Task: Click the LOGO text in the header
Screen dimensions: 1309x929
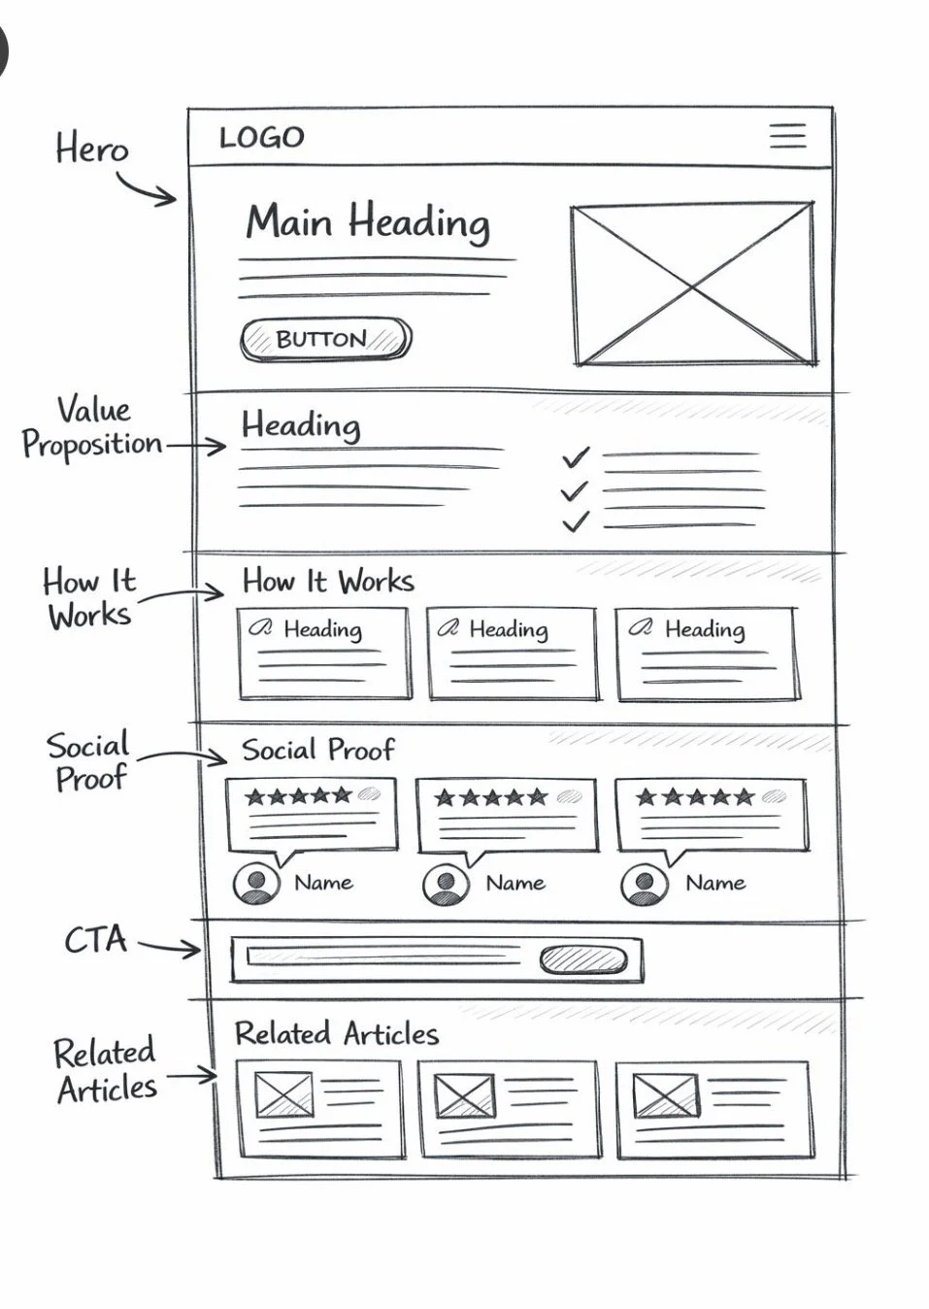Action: point(261,138)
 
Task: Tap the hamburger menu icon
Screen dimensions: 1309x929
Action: point(787,135)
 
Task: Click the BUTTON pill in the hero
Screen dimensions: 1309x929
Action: point(325,339)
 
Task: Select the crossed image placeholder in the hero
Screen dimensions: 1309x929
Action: point(692,285)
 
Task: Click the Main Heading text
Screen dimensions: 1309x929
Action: point(367,222)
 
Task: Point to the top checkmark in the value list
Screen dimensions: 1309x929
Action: point(575,456)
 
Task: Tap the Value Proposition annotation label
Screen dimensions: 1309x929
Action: point(92,427)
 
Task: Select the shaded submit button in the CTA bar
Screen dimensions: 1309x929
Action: point(582,959)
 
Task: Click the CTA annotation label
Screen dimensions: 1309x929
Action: point(95,940)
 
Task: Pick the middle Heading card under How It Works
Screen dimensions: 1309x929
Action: point(512,653)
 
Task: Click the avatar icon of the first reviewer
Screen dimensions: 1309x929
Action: point(257,883)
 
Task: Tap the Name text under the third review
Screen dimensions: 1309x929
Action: point(714,883)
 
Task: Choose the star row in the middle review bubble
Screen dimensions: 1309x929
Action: point(491,798)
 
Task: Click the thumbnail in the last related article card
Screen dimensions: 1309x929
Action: point(665,1096)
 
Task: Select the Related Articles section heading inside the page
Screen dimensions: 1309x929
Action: point(336,1033)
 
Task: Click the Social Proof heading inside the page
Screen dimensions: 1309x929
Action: point(317,750)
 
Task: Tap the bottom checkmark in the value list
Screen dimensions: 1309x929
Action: point(575,522)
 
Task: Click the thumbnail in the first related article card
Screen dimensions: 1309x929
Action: point(284,1094)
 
